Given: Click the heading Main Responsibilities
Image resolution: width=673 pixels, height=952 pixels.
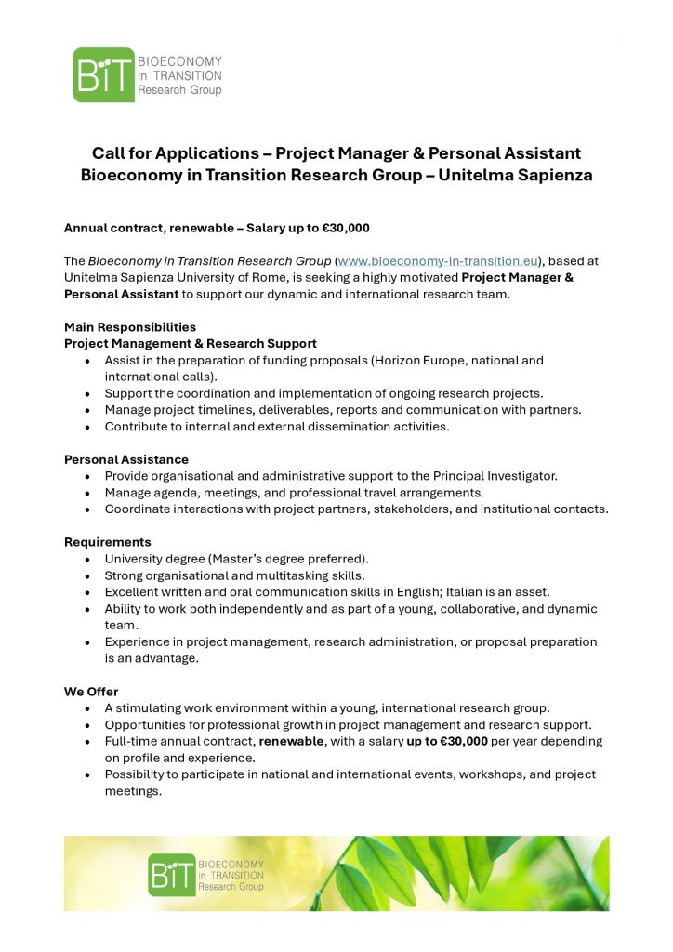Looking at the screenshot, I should tap(130, 327).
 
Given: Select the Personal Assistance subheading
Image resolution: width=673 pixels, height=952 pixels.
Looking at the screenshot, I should tap(126, 459).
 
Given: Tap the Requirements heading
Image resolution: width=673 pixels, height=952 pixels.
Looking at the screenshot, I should tap(108, 542).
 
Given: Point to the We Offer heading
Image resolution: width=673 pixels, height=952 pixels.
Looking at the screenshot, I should tap(91, 692).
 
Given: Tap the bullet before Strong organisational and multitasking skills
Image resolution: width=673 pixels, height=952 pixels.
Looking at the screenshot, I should tap(87, 575).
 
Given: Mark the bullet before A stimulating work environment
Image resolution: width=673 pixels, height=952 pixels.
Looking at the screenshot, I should tap(87, 708).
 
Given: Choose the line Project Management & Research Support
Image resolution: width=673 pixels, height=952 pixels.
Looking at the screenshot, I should tap(191, 344).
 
